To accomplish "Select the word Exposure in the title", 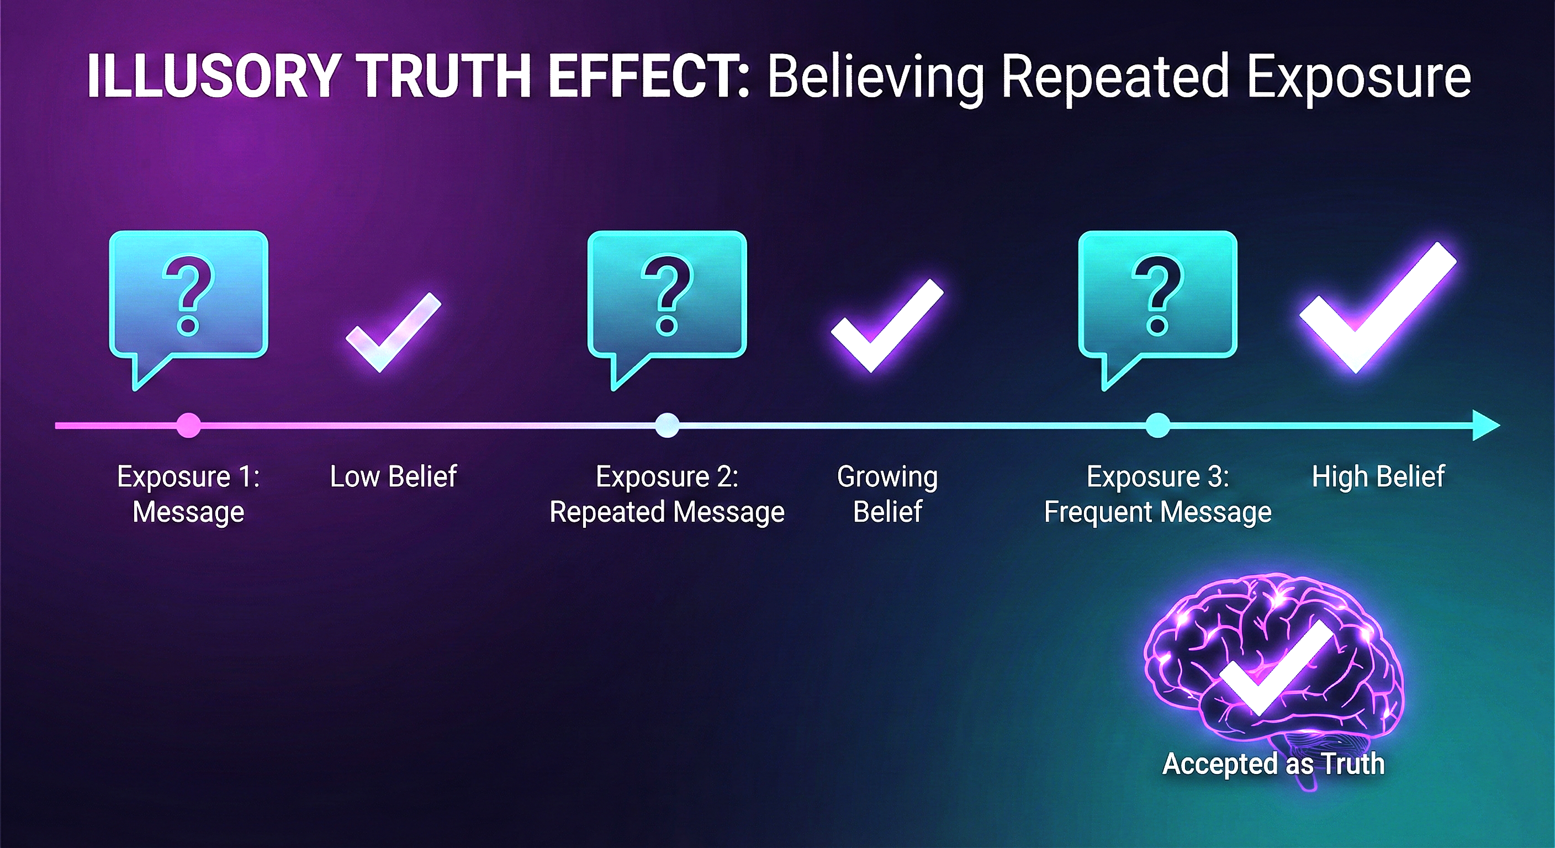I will point(1358,77).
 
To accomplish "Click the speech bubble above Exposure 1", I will point(188,296).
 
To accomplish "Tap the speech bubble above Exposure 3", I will point(1158,296).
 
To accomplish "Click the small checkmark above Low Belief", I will point(393,332).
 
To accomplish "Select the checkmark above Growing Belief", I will point(886,326).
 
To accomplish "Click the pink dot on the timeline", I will point(188,426).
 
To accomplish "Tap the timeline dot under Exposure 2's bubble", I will point(667,426).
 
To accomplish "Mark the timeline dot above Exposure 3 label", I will point(1158,426).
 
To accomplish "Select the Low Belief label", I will point(393,477).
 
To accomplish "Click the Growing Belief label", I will point(887,494).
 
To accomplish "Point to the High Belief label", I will point(1378,477).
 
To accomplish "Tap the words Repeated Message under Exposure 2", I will point(667,512).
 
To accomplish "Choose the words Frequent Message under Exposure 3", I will point(1158,512).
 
